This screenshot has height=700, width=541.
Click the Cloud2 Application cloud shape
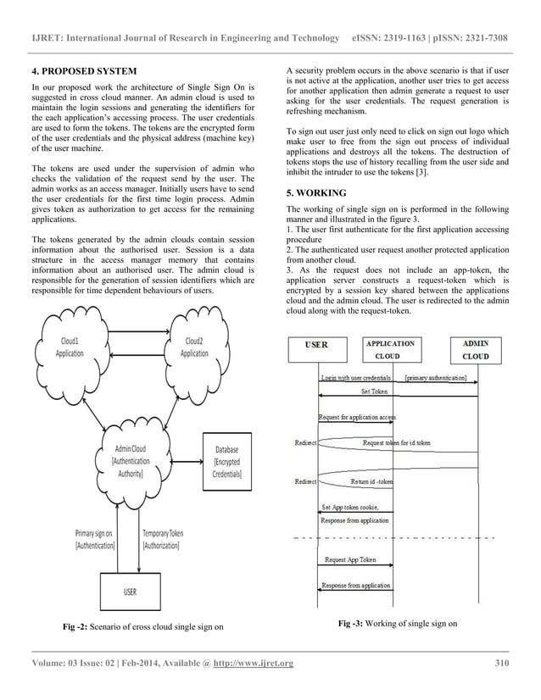click(x=194, y=347)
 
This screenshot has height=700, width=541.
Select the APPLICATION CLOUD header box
click(x=389, y=350)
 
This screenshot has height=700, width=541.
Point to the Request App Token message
click(x=351, y=560)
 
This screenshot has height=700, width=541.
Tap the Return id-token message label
click(x=371, y=482)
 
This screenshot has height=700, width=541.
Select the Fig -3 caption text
click(x=397, y=624)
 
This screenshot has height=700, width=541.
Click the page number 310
click(x=501, y=662)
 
